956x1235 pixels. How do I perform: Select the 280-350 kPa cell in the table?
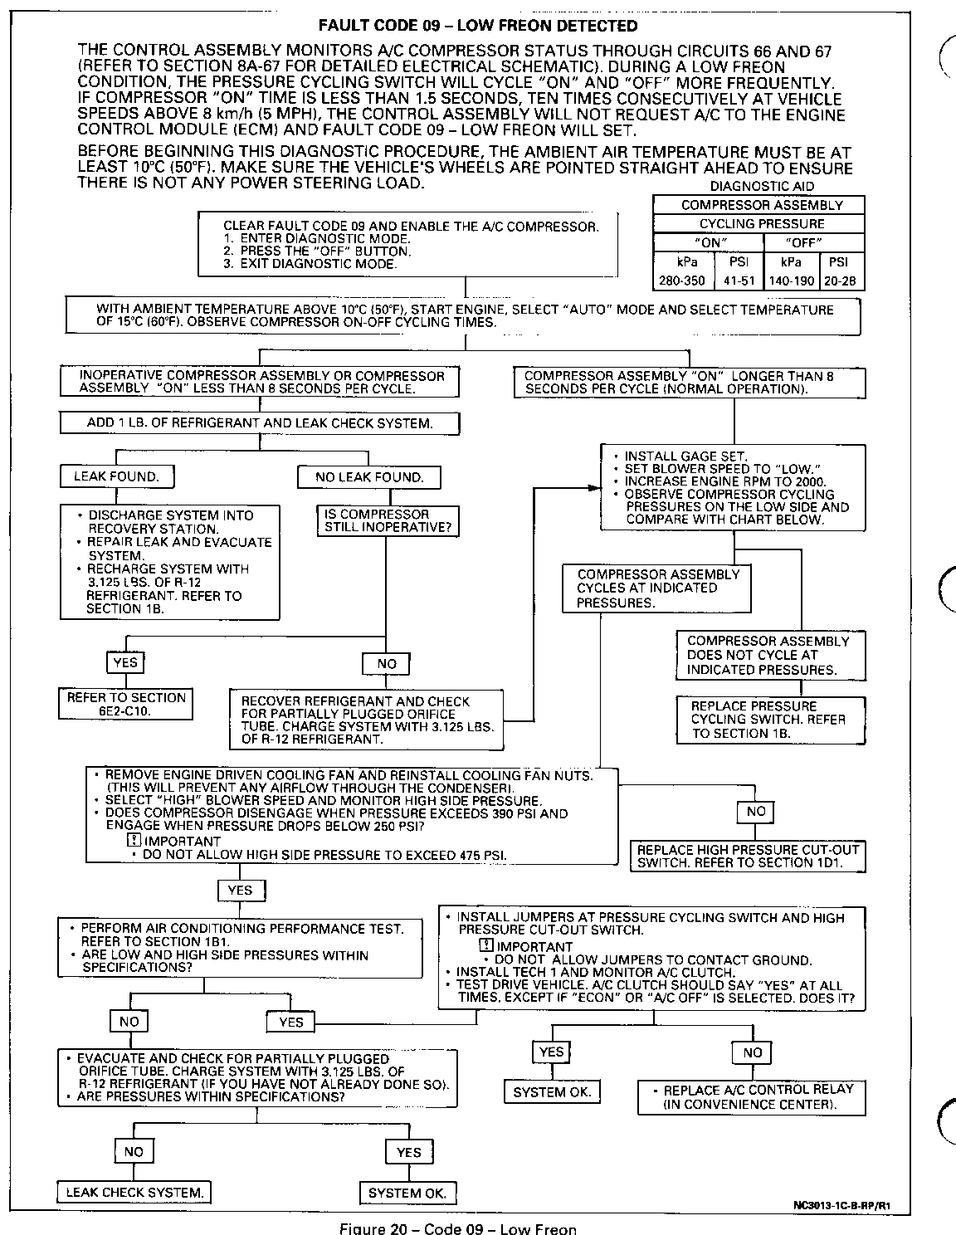682,281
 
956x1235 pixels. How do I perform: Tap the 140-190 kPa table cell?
791,281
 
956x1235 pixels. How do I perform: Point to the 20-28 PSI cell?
841,281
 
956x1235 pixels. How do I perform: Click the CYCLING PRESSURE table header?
761,223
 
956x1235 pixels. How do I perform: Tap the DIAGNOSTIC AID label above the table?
762,187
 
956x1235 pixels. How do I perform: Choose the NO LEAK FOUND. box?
369,477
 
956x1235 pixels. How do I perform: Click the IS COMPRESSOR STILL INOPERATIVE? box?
388,520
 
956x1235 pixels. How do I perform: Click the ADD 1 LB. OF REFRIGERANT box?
260,423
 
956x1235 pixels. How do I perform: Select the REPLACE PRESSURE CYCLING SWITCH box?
769,719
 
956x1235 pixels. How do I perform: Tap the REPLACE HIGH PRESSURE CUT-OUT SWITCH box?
748,856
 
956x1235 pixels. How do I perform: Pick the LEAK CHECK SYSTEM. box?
134,1193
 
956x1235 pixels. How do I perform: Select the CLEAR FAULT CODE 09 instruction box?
407,244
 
